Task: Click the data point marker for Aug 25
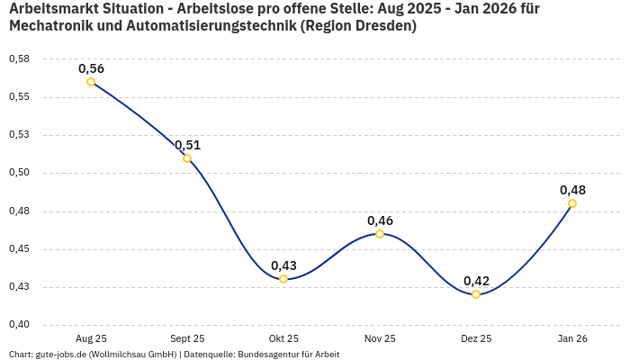91,82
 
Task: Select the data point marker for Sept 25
187,158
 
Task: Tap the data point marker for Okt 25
283,279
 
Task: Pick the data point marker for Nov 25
380,234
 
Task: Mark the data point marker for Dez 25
476,294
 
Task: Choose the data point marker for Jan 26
572,203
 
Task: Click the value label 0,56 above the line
91,68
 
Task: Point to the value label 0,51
187,145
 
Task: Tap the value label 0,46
380,220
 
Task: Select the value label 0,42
476,281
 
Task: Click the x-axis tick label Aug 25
91,338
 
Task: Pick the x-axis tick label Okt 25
283,338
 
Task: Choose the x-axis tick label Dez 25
476,338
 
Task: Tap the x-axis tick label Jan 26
572,338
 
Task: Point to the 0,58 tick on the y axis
19,59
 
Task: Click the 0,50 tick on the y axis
19,173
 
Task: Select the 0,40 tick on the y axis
19,325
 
